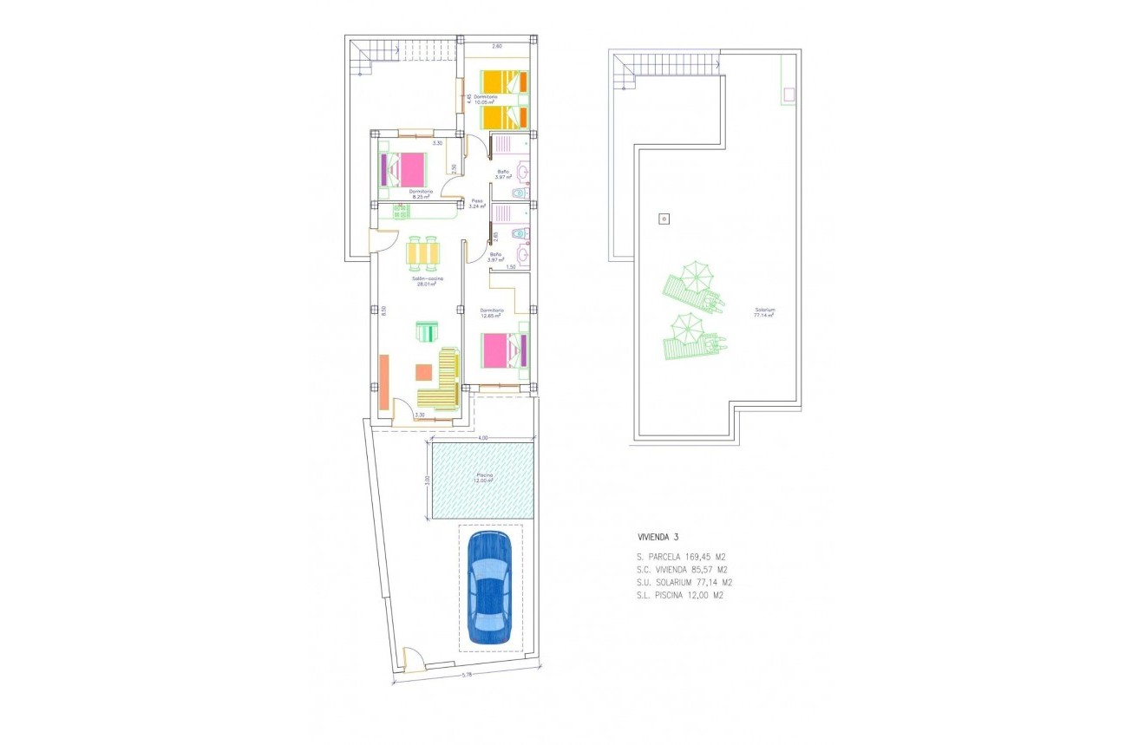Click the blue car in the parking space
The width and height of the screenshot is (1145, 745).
(490, 588)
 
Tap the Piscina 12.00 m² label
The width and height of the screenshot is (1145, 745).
(483, 478)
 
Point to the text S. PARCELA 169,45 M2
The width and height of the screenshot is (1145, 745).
(679, 557)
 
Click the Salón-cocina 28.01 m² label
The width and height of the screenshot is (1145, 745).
(429, 280)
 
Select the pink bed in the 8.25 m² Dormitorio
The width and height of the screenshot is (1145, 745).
(403, 168)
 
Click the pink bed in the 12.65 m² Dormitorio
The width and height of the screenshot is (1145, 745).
(504, 350)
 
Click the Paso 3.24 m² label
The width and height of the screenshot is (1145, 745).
(477, 204)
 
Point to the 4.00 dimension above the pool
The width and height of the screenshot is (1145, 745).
(482, 439)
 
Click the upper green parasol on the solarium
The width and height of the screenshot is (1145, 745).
(696, 278)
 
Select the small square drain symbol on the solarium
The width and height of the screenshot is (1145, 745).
(664, 219)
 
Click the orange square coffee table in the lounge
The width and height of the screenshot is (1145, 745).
(424, 372)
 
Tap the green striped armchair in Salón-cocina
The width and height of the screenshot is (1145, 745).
(427, 332)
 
